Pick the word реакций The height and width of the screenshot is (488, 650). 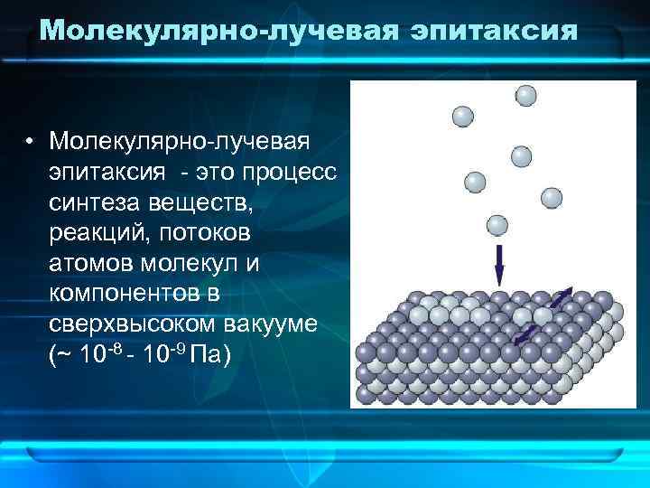99,233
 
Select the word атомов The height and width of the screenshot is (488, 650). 88,264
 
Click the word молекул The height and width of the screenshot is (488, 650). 184,264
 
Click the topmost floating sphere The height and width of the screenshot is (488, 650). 525,96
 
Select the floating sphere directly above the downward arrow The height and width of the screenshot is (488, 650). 497,225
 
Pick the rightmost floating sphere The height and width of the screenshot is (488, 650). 552,198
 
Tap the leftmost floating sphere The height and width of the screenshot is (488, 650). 462,117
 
